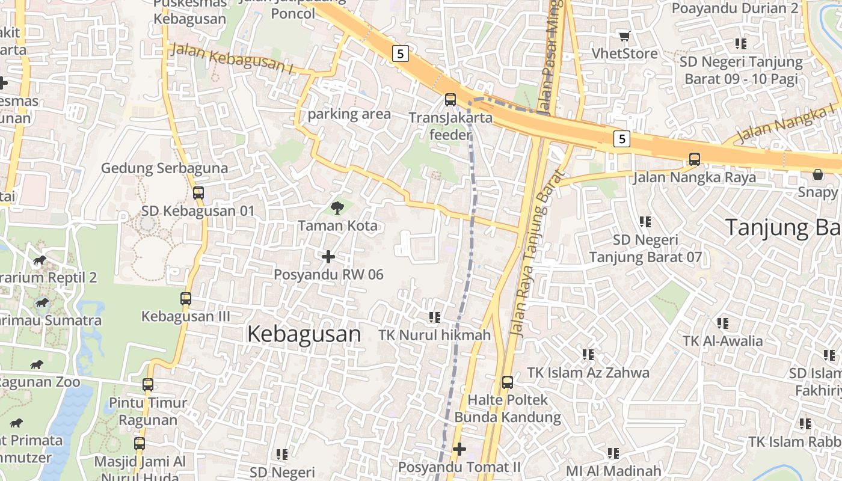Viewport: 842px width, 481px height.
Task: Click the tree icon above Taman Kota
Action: (x=337, y=208)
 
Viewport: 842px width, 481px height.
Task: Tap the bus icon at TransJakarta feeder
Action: (x=450, y=100)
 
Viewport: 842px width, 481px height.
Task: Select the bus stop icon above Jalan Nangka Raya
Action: (x=694, y=159)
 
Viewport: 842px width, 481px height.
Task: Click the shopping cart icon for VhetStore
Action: (x=624, y=36)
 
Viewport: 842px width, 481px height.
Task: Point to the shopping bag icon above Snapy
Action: (x=817, y=174)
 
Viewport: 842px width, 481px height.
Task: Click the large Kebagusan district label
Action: (x=304, y=334)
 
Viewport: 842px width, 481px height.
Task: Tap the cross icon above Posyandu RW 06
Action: (x=328, y=257)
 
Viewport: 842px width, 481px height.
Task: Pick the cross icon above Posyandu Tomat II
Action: (x=459, y=449)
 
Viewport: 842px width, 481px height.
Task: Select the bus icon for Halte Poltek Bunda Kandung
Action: (x=508, y=382)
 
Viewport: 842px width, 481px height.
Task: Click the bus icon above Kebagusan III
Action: (x=186, y=298)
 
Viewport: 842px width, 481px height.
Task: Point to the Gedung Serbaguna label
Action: (x=164, y=168)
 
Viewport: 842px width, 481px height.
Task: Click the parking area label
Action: (x=349, y=114)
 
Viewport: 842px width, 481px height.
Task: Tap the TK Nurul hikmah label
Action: (x=435, y=335)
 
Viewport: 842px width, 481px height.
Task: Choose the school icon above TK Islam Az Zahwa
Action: (x=588, y=355)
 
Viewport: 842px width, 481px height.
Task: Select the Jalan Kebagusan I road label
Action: (x=232, y=59)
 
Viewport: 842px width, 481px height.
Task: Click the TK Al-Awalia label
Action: (x=722, y=341)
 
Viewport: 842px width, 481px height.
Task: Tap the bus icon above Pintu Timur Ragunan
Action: (x=148, y=385)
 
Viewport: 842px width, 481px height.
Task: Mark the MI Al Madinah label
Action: (x=613, y=471)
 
